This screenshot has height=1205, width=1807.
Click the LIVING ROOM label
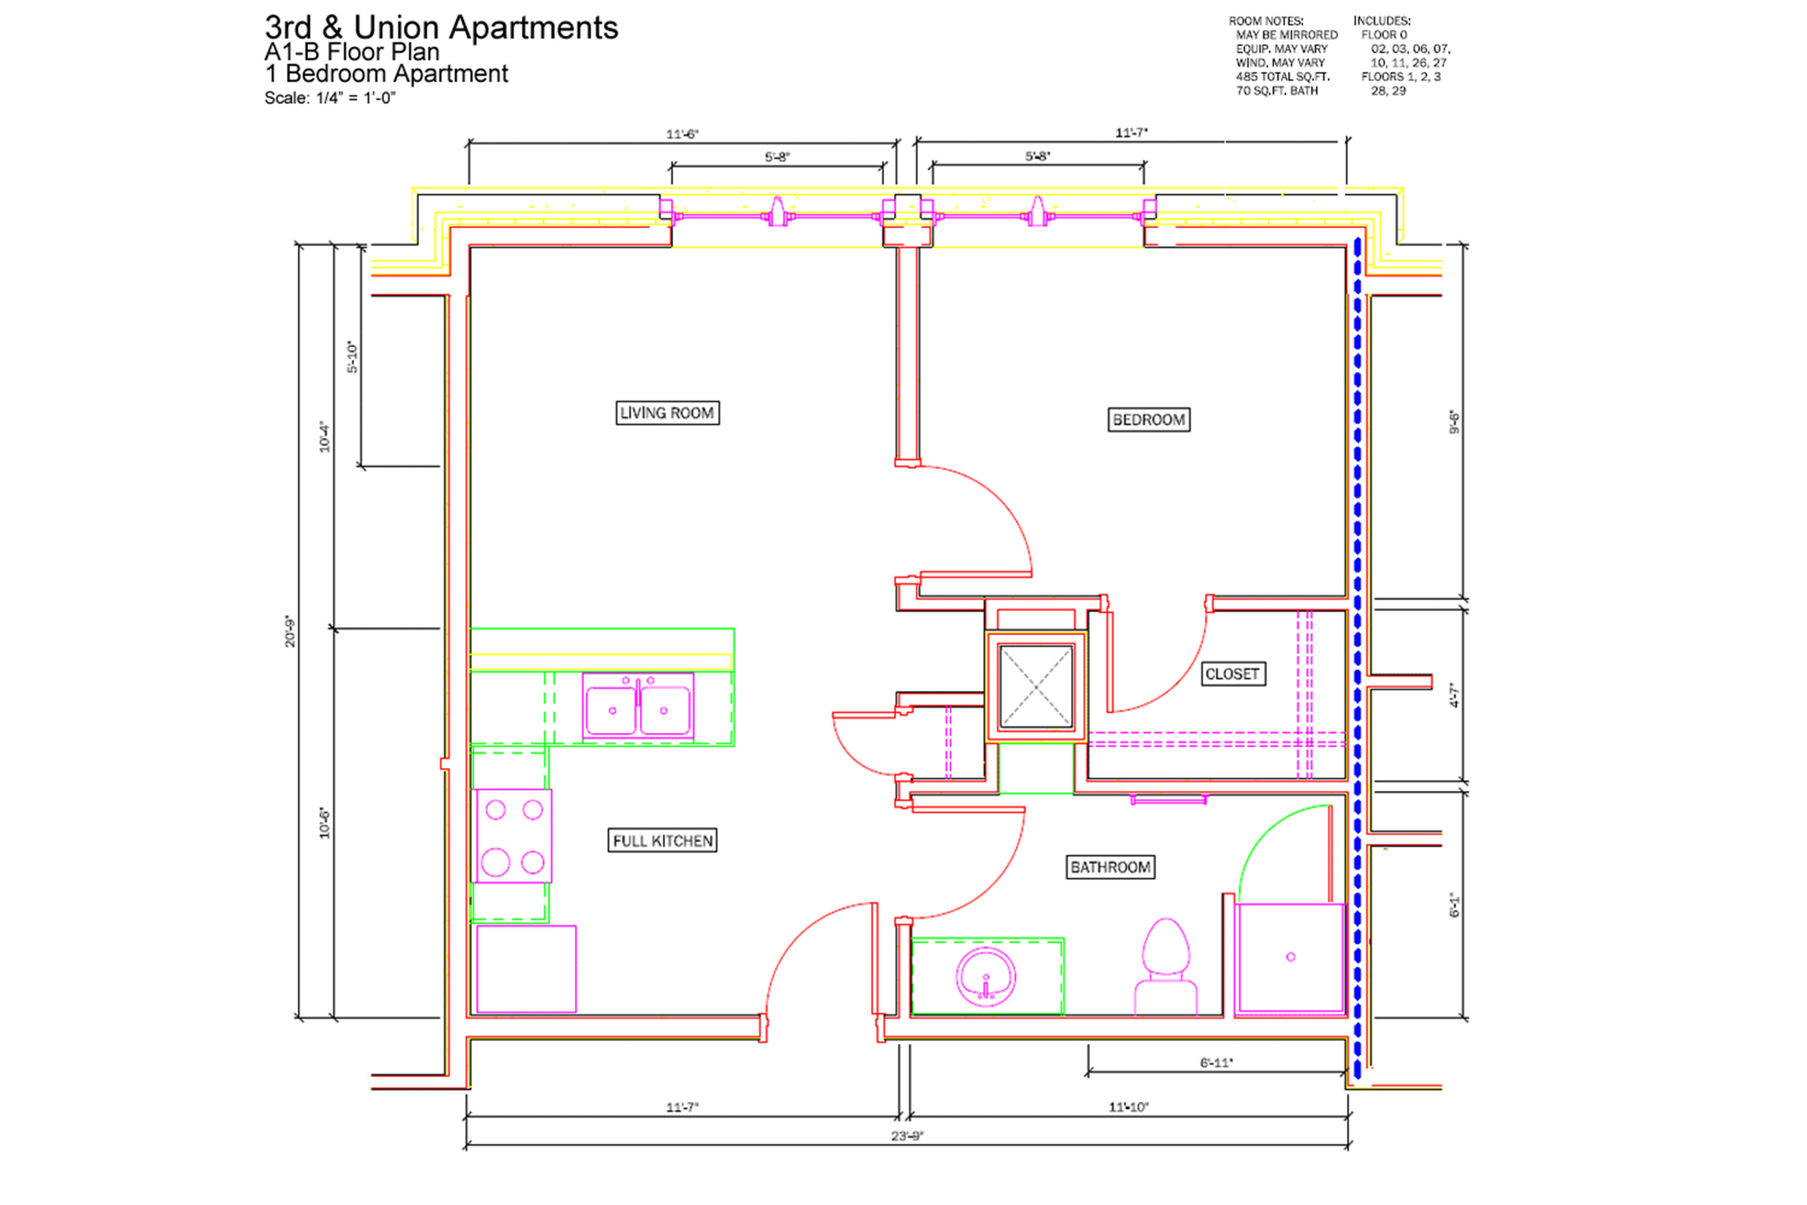click(667, 413)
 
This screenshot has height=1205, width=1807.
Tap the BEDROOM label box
click(1149, 419)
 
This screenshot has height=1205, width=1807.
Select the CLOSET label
click(1232, 674)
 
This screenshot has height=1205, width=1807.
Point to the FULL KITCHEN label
click(662, 840)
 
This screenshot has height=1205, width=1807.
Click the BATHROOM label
click(1110, 867)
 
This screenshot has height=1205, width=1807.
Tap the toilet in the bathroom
click(1166, 966)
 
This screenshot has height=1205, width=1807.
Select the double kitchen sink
click(638, 706)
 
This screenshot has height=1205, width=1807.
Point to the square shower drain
click(1290, 957)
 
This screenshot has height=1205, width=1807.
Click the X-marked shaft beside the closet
click(1035, 686)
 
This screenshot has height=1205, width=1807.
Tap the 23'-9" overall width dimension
click(907, 1136)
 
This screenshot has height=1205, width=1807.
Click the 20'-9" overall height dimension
click(290, 631)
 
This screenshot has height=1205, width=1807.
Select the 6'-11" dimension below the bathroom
click(1216, 1063)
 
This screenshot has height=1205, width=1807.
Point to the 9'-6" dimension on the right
click(1453, 422)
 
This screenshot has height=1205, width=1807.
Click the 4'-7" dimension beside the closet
click(1453, 695)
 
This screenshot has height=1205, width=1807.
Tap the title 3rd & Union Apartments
click(441, 28)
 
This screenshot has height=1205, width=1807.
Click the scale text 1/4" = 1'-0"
click(356, 98)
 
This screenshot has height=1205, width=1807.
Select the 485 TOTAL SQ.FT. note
click(1282, 77)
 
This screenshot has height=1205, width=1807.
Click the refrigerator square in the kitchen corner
click(526, 969)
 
